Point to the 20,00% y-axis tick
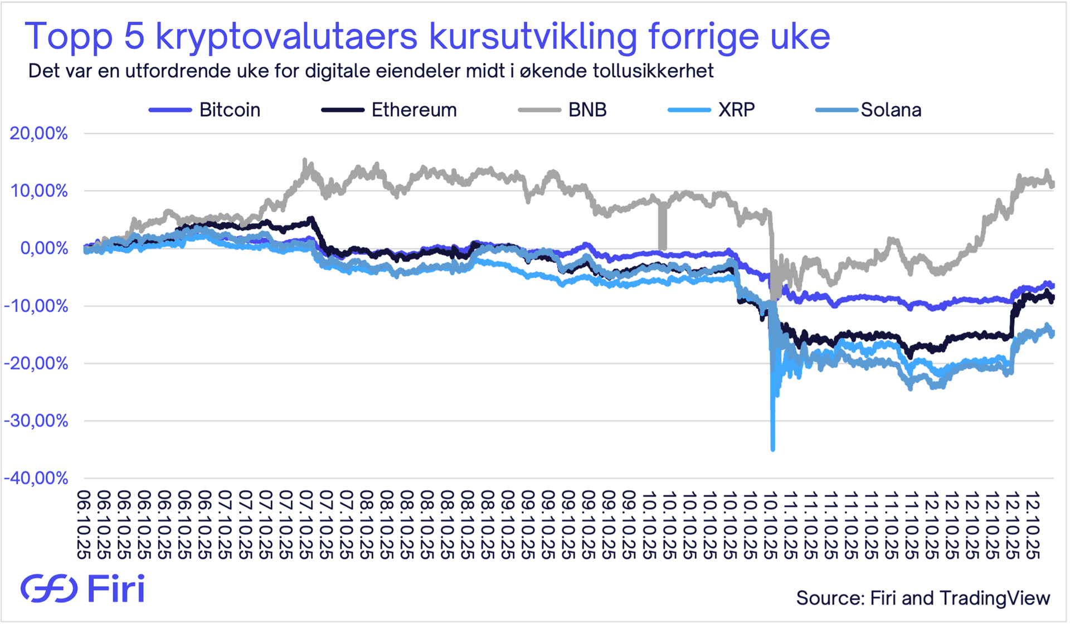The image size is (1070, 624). click(38, 134)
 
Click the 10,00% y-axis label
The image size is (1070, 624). click(38, 191)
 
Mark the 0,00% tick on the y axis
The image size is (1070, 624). click(44, 248)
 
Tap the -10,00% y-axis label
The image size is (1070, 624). click(36, 306)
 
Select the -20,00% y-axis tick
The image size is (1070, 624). click(36, 363)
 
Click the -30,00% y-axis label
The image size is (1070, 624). click(36, 421)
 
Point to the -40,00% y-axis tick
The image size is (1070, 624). click(36, 478)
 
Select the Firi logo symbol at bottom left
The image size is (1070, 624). click(49, 588)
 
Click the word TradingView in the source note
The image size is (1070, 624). click(995, 598)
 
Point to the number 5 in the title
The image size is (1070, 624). click(134, 37)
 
